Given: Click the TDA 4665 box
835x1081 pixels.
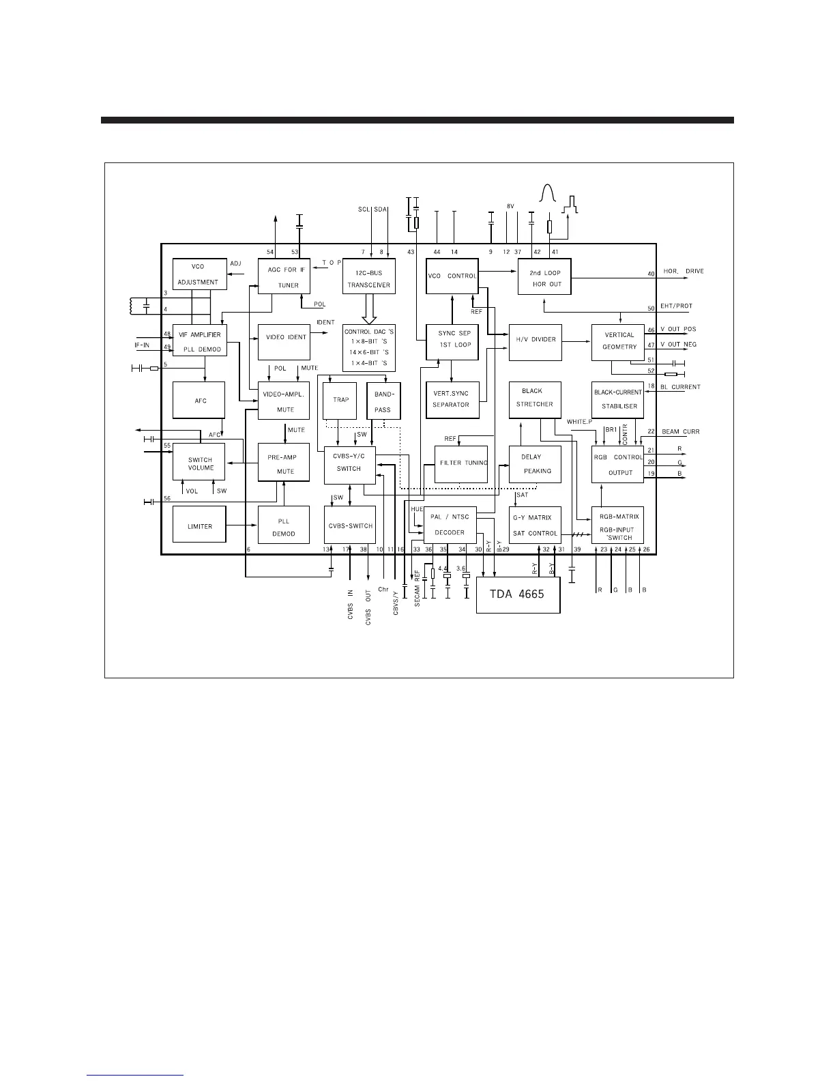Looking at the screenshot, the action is point(518,594).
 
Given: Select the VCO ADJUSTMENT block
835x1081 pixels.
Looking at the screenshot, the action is point(199,274).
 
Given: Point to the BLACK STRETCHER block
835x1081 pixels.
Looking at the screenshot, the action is point(536,399).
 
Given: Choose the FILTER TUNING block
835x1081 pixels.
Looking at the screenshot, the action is point(462,464).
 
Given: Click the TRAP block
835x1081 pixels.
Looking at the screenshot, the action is point(340,400).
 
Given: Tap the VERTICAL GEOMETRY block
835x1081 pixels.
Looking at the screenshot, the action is point(618,342).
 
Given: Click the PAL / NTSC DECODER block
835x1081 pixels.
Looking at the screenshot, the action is point(450,525).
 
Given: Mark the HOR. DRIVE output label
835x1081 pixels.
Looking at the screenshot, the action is point(684,272).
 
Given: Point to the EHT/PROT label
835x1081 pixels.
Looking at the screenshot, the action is point(677,306).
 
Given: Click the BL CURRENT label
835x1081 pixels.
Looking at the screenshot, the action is point(681,387).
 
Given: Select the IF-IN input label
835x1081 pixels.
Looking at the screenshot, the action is point(142,345).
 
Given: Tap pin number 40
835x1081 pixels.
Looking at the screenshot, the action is point(651,274).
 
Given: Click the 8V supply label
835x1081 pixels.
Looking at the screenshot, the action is point(510,206).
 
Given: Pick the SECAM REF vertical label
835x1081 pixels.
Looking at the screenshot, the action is point(417,588).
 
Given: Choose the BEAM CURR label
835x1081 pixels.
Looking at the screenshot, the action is point(681,432).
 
